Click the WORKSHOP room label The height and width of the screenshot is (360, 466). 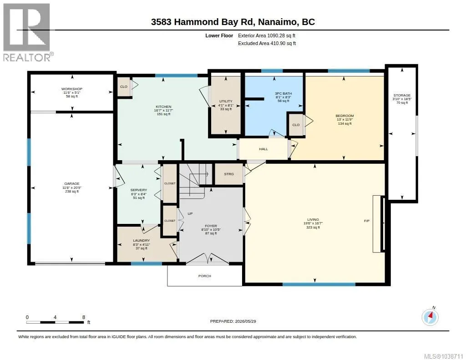point(71,89)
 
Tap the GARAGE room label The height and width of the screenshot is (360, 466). point(71,184)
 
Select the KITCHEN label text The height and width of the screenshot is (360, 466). point(163,106)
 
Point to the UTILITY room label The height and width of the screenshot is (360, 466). point(226,101)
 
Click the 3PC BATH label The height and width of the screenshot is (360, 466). point(283,93)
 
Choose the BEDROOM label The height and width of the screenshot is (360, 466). point(345,116)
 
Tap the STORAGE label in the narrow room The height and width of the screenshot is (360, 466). point(402,96)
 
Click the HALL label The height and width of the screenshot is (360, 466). point(263,149)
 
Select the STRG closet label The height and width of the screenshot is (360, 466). point(229,174)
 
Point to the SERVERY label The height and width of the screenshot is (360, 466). point(138,190)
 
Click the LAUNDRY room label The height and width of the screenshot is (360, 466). point(141,240)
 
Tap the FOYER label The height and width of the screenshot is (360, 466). point(211,226)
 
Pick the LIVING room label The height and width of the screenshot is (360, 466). point(313,220)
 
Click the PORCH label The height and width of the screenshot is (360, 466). point(205,276)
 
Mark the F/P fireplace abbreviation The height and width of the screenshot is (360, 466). point(367,221)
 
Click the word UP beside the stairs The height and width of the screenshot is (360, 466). point(190,214)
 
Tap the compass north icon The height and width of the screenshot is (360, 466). point(430,317)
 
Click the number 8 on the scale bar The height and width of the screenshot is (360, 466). point(84,317)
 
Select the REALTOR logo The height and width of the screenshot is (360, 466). point(28,32)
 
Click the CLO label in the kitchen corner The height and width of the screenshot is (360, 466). point(124,87)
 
